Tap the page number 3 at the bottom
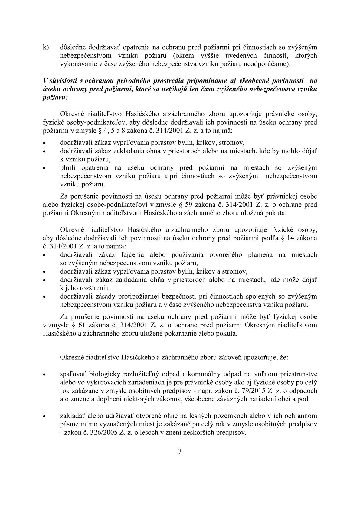[x=180, y=452]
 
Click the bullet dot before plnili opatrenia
[x=44, y=168]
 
